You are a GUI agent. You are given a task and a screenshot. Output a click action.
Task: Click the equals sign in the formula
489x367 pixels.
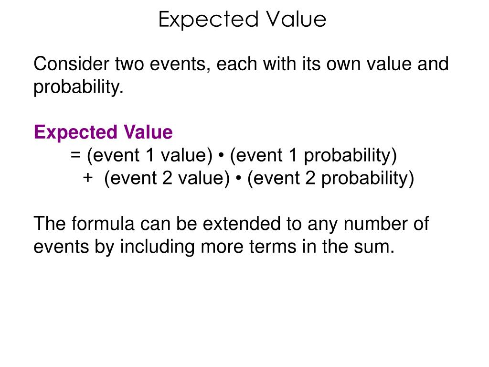click(75, 156)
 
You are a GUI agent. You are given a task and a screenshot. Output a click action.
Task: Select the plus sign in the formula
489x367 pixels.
click(87, 178)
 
